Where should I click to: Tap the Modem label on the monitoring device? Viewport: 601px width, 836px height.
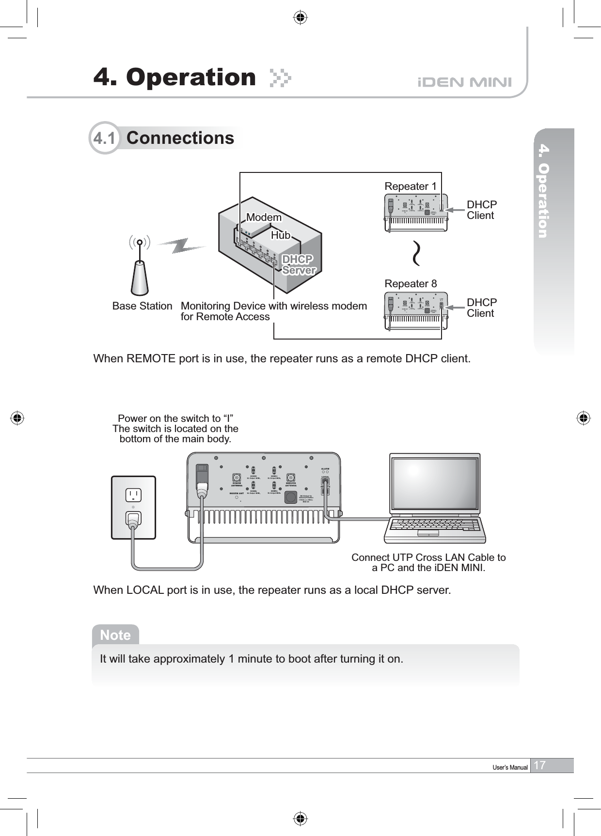click(264, 217)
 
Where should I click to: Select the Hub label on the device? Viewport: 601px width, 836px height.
click(281, 235)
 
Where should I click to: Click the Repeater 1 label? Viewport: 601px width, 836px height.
click(411, 186)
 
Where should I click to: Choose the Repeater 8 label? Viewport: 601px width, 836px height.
click(411, 284)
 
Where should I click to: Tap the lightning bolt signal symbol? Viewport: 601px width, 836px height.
click(182, 247)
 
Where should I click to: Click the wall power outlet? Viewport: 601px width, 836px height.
click(133, 507)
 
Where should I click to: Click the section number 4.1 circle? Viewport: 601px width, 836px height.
click(104, 138)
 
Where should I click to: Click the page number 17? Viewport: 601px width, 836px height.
click(539, 765)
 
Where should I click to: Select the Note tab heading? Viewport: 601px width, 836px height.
click(115, 635)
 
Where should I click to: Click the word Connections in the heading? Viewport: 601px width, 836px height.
click(180, 138)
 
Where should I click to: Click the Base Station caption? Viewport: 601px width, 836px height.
click(142, 306)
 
